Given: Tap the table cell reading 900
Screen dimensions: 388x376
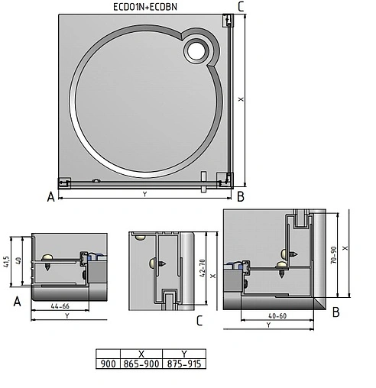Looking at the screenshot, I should tap(108, 364).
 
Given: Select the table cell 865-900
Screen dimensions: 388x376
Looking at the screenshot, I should tap(141, 364).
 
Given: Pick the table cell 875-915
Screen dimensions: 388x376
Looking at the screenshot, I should tap(184, 364).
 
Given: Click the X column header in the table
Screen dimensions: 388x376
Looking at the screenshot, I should tap(141, 354).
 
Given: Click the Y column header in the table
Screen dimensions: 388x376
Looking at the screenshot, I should tap(184, 354).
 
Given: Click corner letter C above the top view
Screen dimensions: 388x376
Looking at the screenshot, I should tap(241, 7).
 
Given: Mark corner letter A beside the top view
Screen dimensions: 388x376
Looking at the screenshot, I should tap(50, 197).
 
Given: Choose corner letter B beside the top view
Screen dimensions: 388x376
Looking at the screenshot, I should tap(240, 197).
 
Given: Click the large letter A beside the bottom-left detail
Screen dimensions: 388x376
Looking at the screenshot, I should tap(16, 302).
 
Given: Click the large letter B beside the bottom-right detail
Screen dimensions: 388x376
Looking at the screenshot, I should tap(336, 312).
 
